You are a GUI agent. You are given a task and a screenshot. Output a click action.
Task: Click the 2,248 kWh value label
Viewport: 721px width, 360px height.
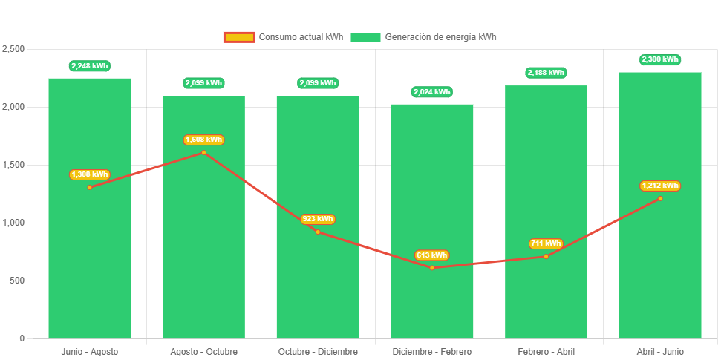(89, 66)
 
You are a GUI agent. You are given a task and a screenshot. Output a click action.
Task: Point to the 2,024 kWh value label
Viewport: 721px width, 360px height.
(431, 92)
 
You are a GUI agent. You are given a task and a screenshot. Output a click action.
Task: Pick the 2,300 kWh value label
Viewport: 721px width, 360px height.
(659, 59)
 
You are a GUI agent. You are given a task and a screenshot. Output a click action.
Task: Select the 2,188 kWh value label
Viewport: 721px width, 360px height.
(546, 73)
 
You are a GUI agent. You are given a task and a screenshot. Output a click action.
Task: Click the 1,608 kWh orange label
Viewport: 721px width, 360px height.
(203, 140)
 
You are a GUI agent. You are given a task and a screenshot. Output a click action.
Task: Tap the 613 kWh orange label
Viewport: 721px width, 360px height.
(431, 255)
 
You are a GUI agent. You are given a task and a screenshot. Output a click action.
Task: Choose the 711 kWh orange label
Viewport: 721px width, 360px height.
(546, 243)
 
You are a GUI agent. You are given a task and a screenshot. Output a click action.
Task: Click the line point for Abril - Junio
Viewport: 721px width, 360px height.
(659, 198)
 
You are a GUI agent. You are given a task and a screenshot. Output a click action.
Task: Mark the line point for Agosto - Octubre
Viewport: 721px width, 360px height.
(203, 153)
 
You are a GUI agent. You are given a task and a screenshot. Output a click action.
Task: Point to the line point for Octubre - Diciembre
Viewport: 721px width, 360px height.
(318, 232)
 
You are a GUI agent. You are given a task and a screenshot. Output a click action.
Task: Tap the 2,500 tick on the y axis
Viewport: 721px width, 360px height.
(13, 49)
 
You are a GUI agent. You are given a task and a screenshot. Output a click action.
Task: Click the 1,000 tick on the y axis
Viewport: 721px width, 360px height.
(13, 223)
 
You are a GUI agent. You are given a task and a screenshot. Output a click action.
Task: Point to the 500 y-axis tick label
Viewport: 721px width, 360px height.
(16, 281)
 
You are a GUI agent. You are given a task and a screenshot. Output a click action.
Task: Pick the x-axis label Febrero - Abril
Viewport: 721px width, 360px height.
(546, 351)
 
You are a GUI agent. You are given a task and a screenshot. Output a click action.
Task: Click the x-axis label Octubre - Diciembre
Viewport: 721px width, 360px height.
(318, 351)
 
